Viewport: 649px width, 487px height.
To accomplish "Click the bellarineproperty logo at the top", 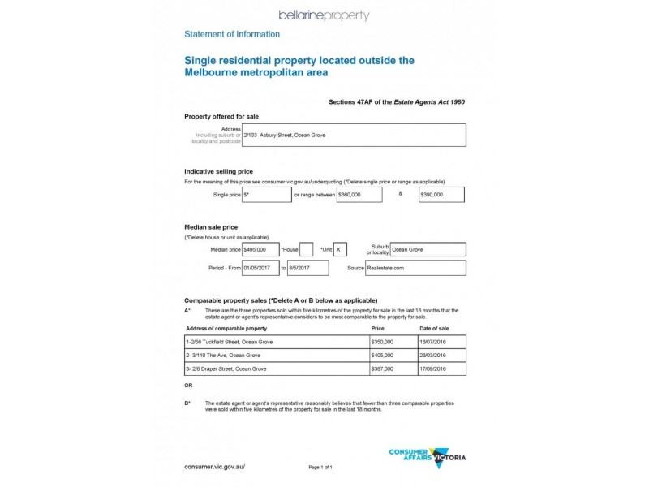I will [x=324, y=15].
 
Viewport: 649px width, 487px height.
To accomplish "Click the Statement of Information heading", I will [x=232, y=34].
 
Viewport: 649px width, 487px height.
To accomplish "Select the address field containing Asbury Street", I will [x=354, y=135].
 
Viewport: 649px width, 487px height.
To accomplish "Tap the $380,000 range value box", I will [x=359, y=195].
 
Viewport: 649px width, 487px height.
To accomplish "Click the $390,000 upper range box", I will [x=441, y=195].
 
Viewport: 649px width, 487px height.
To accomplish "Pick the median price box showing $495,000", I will [x=260, y=250].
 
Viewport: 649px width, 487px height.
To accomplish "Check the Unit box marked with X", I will [x=340, y=250].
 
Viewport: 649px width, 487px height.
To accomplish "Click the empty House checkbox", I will [x=307, y=250].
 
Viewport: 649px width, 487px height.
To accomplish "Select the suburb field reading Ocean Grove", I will [x=428, y=250].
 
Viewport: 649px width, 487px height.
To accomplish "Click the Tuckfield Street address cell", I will [x=276, y=342].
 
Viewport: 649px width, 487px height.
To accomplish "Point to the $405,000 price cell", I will [x=393, y=356].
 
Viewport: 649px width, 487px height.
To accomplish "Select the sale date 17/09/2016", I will [x=441, y=368].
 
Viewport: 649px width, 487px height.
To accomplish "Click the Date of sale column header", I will [x=434, y=328].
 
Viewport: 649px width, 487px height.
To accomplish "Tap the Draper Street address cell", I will [x=276, y=368].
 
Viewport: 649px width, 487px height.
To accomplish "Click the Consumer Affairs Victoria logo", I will [x=428, y=458].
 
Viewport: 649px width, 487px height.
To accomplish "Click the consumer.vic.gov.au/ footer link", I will [x=214, y=468].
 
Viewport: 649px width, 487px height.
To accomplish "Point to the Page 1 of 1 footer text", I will [x=320, y=468].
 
